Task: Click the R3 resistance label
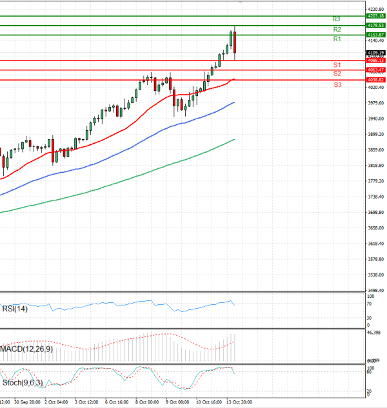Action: (337, 19)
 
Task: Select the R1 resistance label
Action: (337, 39)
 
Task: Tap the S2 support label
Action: (337, 74)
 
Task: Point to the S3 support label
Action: (337, 85)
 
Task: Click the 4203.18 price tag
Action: (375, 15)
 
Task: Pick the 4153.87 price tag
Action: (375, 34)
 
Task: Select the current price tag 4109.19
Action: (375, 52)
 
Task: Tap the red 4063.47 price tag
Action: (375, 70)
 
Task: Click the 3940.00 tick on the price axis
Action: (375, 119)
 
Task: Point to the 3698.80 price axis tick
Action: (375, 212)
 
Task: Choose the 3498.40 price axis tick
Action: (375, 291)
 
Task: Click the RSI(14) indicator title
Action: (15, 309)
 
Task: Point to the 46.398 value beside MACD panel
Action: (375, 333)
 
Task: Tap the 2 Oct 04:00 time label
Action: (56, 402)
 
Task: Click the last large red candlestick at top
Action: (235, 43)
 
